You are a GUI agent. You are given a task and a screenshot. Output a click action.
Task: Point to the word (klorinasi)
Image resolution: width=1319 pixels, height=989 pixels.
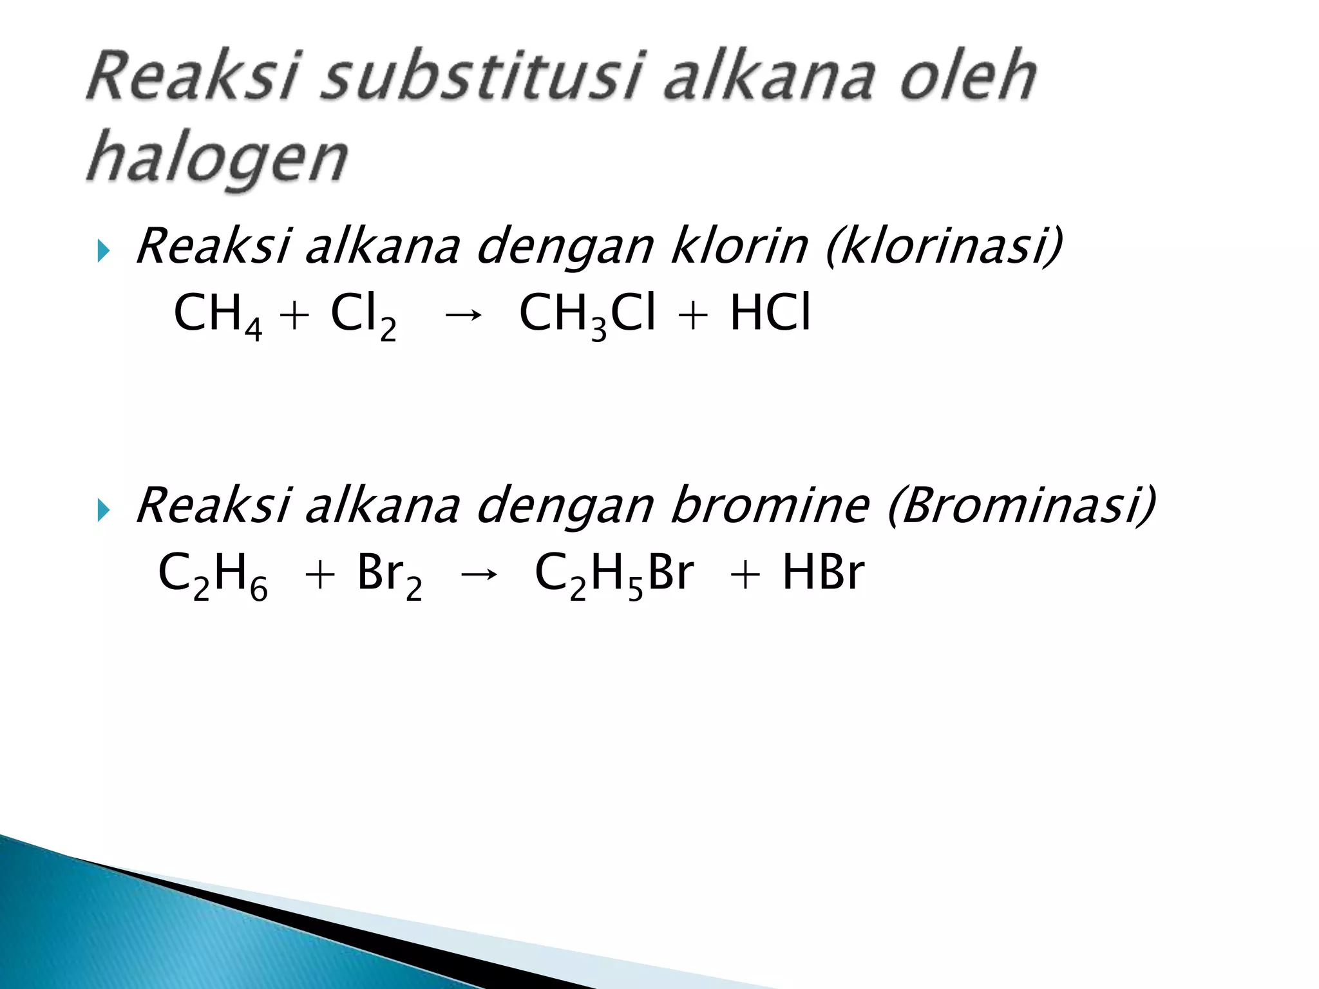pyautogui.click(x=944, y=247)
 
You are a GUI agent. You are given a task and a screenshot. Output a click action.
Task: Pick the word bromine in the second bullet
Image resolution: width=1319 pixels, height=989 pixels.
pyautogui.click(x=769, y=505)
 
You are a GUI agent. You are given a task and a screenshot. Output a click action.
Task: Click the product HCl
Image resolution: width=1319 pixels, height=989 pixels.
pyautogui.click(x=769, y=314)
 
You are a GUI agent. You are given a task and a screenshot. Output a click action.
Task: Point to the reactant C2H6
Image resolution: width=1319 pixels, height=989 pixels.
pyautogui.click(x=213, y=574)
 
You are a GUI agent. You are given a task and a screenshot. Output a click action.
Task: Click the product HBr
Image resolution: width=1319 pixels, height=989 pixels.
pyautogui.click(x=822, y=573)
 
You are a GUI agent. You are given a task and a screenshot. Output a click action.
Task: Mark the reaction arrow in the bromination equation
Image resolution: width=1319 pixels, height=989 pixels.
pyautogui.click(x=478, y=574)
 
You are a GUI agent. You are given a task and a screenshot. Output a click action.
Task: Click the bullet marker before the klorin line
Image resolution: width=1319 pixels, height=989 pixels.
pyautogui.click(x=103, y=251)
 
